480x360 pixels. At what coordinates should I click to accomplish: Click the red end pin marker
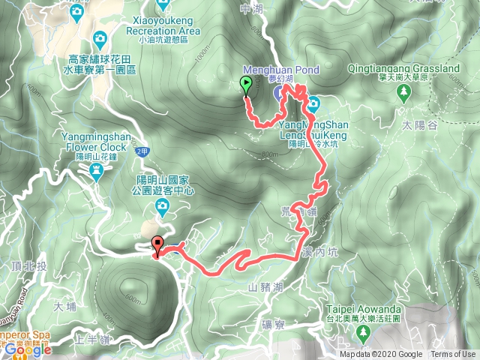pyautogui.click(x=157, y=244)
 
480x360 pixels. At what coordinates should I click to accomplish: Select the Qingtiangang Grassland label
pyautogui.click(x=404, y=69)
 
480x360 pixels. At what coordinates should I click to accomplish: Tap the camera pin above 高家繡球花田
pyautogui.click(x=100, y=38)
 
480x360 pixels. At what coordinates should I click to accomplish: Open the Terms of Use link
pyautogui.click(x=453, y=355)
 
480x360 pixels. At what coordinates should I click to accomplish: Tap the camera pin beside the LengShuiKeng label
pyautogui.click(x=312, y=103)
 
